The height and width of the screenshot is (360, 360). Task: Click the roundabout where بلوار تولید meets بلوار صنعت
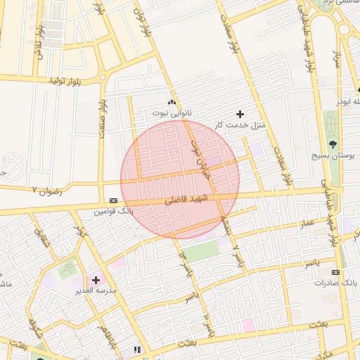click(103, 77)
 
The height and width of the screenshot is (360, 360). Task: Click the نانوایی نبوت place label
click(172, 112)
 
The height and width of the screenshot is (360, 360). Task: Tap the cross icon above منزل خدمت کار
click(240, 113)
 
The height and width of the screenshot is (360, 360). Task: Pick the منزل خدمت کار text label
click(240, 124)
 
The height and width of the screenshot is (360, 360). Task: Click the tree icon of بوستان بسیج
click(333, 144)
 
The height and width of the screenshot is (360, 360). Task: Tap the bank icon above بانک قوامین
click(113, 200)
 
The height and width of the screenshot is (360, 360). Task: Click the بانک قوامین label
click(113, 210)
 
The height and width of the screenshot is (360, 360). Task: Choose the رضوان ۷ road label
click(47, 191)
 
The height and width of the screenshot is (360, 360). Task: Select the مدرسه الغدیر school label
click(96, 290)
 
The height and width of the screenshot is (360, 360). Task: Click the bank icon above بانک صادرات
click(336, 271)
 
